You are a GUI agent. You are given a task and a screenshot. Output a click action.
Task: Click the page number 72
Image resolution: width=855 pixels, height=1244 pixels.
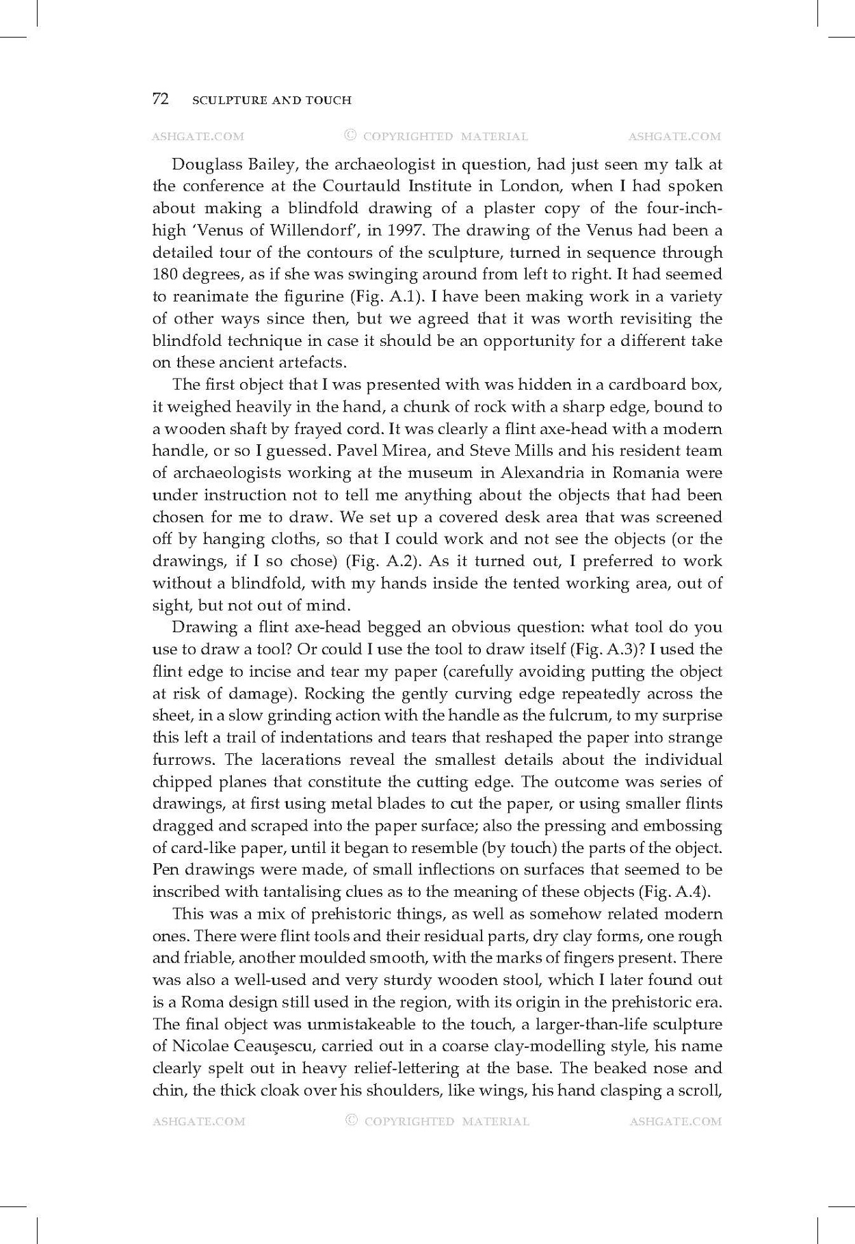[160, 100]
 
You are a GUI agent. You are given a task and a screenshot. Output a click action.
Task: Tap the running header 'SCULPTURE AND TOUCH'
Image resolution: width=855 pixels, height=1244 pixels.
[272, 100]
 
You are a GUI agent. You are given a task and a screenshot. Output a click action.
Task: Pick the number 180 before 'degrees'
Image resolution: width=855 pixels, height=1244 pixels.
[163, 275]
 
